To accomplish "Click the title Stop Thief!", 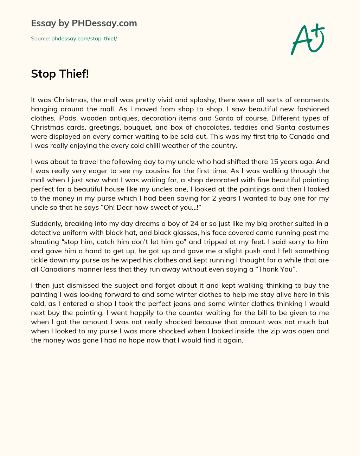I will [60, 74].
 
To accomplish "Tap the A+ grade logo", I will [308, 39].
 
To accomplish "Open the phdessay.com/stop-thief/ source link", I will [84, 39].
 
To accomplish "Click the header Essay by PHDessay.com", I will [84, 23].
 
